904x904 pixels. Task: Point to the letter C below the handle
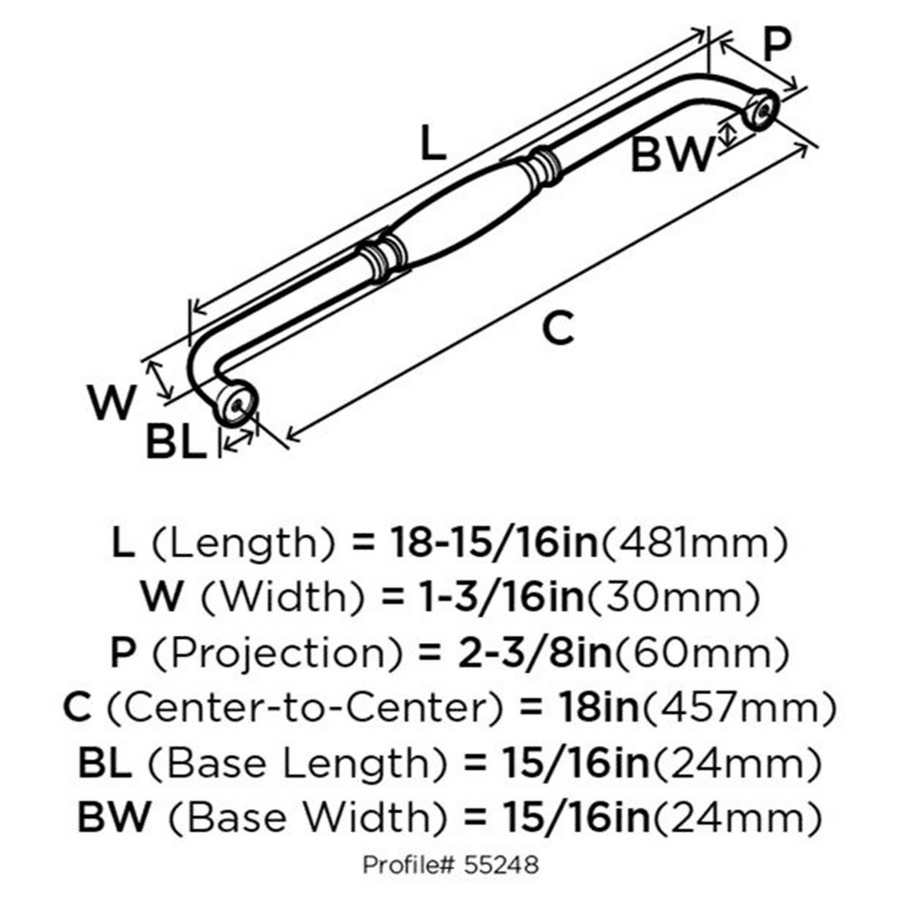click(x=558, y=328)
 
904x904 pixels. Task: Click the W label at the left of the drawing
click(x=112, y=402)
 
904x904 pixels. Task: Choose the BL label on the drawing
click(x=176, y=442)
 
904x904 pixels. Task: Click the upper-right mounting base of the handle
click(x=761, y=109)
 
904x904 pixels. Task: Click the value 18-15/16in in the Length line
click(x=494, y=542)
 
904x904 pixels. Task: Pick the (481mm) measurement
click(x=694, y=543)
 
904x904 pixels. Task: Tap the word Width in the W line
click(x=283, y=597)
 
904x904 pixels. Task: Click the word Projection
click(x=278, y=653)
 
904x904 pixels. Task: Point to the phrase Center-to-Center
click(x=306, y=708)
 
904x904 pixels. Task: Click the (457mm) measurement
click(x=739, y=708)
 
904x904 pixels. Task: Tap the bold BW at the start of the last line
click(x=114, y=817)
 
